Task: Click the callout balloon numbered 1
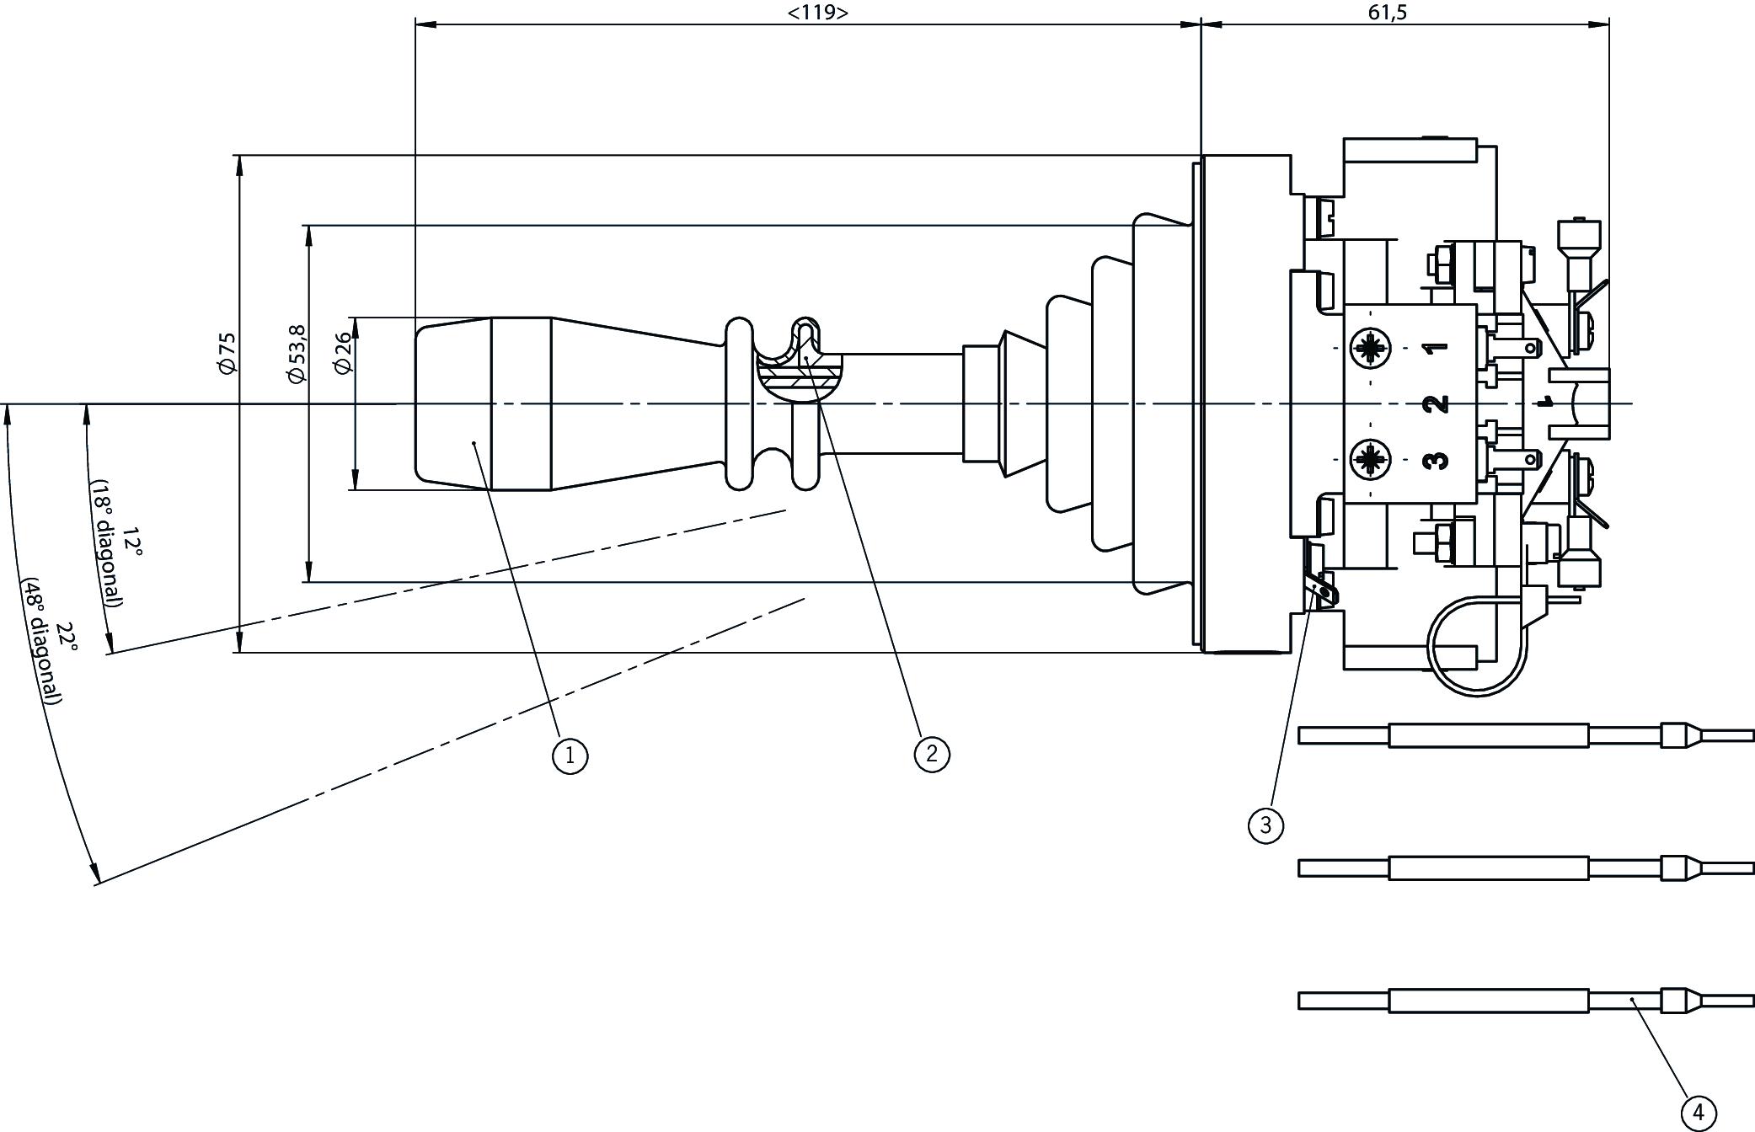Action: pos(570,755)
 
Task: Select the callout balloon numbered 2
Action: pos(932,753)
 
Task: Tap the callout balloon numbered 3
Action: pos(1265,825)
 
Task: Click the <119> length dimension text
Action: pos(817,12)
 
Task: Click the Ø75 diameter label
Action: pos(227,354)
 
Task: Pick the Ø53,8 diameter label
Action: pos(297,354)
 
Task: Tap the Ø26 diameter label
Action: pos(342,354)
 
